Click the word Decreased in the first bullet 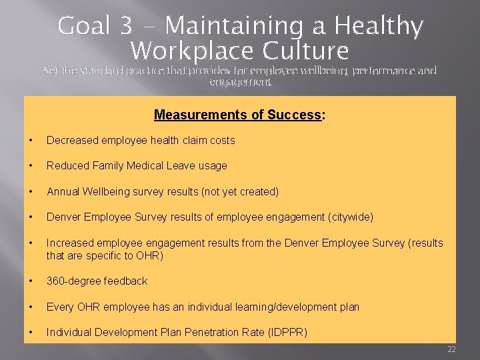73,141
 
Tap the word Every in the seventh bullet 60,307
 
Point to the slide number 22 451,349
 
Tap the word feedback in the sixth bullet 125,281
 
